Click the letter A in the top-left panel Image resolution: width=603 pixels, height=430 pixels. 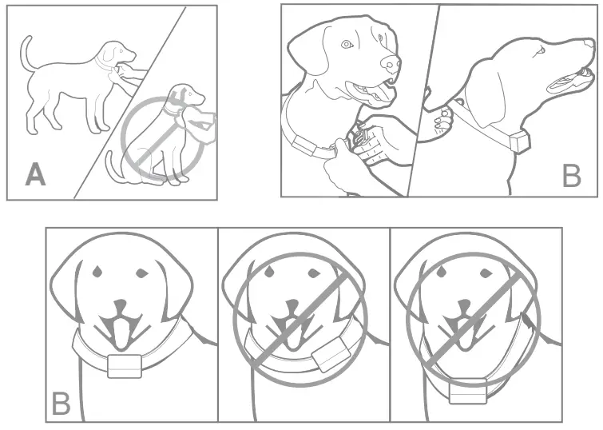tap(34, 174)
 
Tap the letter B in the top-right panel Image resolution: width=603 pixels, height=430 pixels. tap(571, 174)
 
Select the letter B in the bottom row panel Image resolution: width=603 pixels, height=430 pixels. tap(61, 404)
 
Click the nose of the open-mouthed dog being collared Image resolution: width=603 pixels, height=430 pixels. tap(390, 63)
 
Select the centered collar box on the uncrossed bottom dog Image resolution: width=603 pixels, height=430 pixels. tap(124, 366)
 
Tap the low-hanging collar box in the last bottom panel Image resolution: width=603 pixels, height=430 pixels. tap(466, 392)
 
